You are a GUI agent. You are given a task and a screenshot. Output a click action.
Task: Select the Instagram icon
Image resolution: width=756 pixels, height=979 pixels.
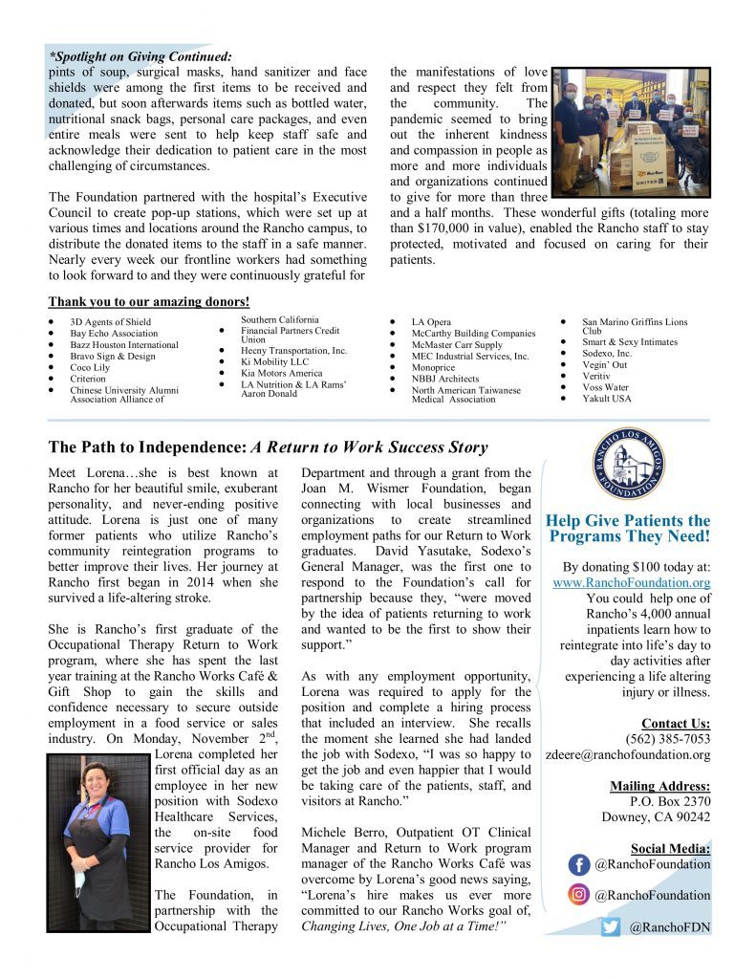[x=579, y=896]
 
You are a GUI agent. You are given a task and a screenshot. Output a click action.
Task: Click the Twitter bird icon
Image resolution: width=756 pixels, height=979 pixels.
[x=612, y=926]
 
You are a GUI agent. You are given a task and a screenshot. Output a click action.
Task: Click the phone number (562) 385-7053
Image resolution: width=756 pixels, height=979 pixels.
[x=668, y=739]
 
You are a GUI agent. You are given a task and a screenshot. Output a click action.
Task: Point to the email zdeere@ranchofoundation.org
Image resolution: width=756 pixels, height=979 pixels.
[x=628, y=754]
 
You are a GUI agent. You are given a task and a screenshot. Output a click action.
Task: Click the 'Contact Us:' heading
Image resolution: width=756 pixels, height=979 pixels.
[x=676, y=724]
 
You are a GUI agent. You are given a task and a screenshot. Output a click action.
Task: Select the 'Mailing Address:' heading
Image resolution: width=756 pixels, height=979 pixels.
[x=659, y=786]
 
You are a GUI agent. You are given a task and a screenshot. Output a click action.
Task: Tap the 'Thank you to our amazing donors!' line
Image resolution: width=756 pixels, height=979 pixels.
[x=148, y=302]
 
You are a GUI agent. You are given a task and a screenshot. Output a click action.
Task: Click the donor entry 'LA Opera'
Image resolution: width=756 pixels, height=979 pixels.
[x=431, y=323]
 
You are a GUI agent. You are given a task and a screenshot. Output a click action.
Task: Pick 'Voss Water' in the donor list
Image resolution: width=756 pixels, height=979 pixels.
[x=605, y=387]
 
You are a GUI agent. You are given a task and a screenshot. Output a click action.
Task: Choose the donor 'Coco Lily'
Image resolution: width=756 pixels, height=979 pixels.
[x=90, y=367]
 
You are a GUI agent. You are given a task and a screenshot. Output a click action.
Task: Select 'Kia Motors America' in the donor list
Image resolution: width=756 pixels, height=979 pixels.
[x=283, y=373]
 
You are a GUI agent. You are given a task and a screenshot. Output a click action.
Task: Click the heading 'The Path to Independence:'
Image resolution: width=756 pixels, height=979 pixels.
[x=147, y=447]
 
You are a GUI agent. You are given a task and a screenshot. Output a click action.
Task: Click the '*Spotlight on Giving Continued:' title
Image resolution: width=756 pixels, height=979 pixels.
[x=140, y=57]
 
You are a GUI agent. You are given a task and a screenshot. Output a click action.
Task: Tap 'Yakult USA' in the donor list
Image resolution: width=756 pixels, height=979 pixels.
[x=607, y=399]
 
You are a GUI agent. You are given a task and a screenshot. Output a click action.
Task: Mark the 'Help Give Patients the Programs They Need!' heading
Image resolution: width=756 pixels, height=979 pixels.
[x=628, y=529]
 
